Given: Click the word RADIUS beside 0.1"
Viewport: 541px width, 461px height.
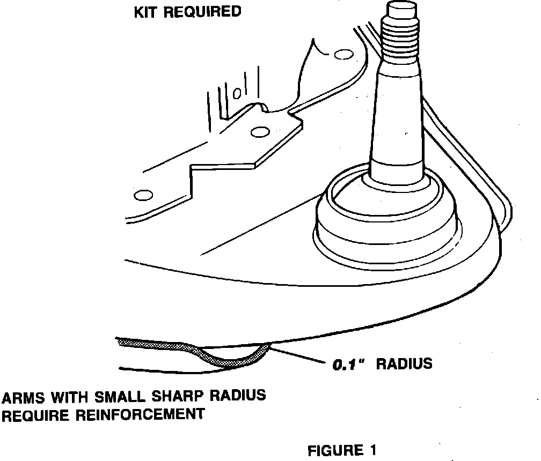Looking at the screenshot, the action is [404, 364].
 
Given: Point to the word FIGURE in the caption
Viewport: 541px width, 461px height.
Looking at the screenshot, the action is [334, 450].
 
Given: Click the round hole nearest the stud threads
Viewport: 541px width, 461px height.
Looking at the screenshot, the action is [340, 54].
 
